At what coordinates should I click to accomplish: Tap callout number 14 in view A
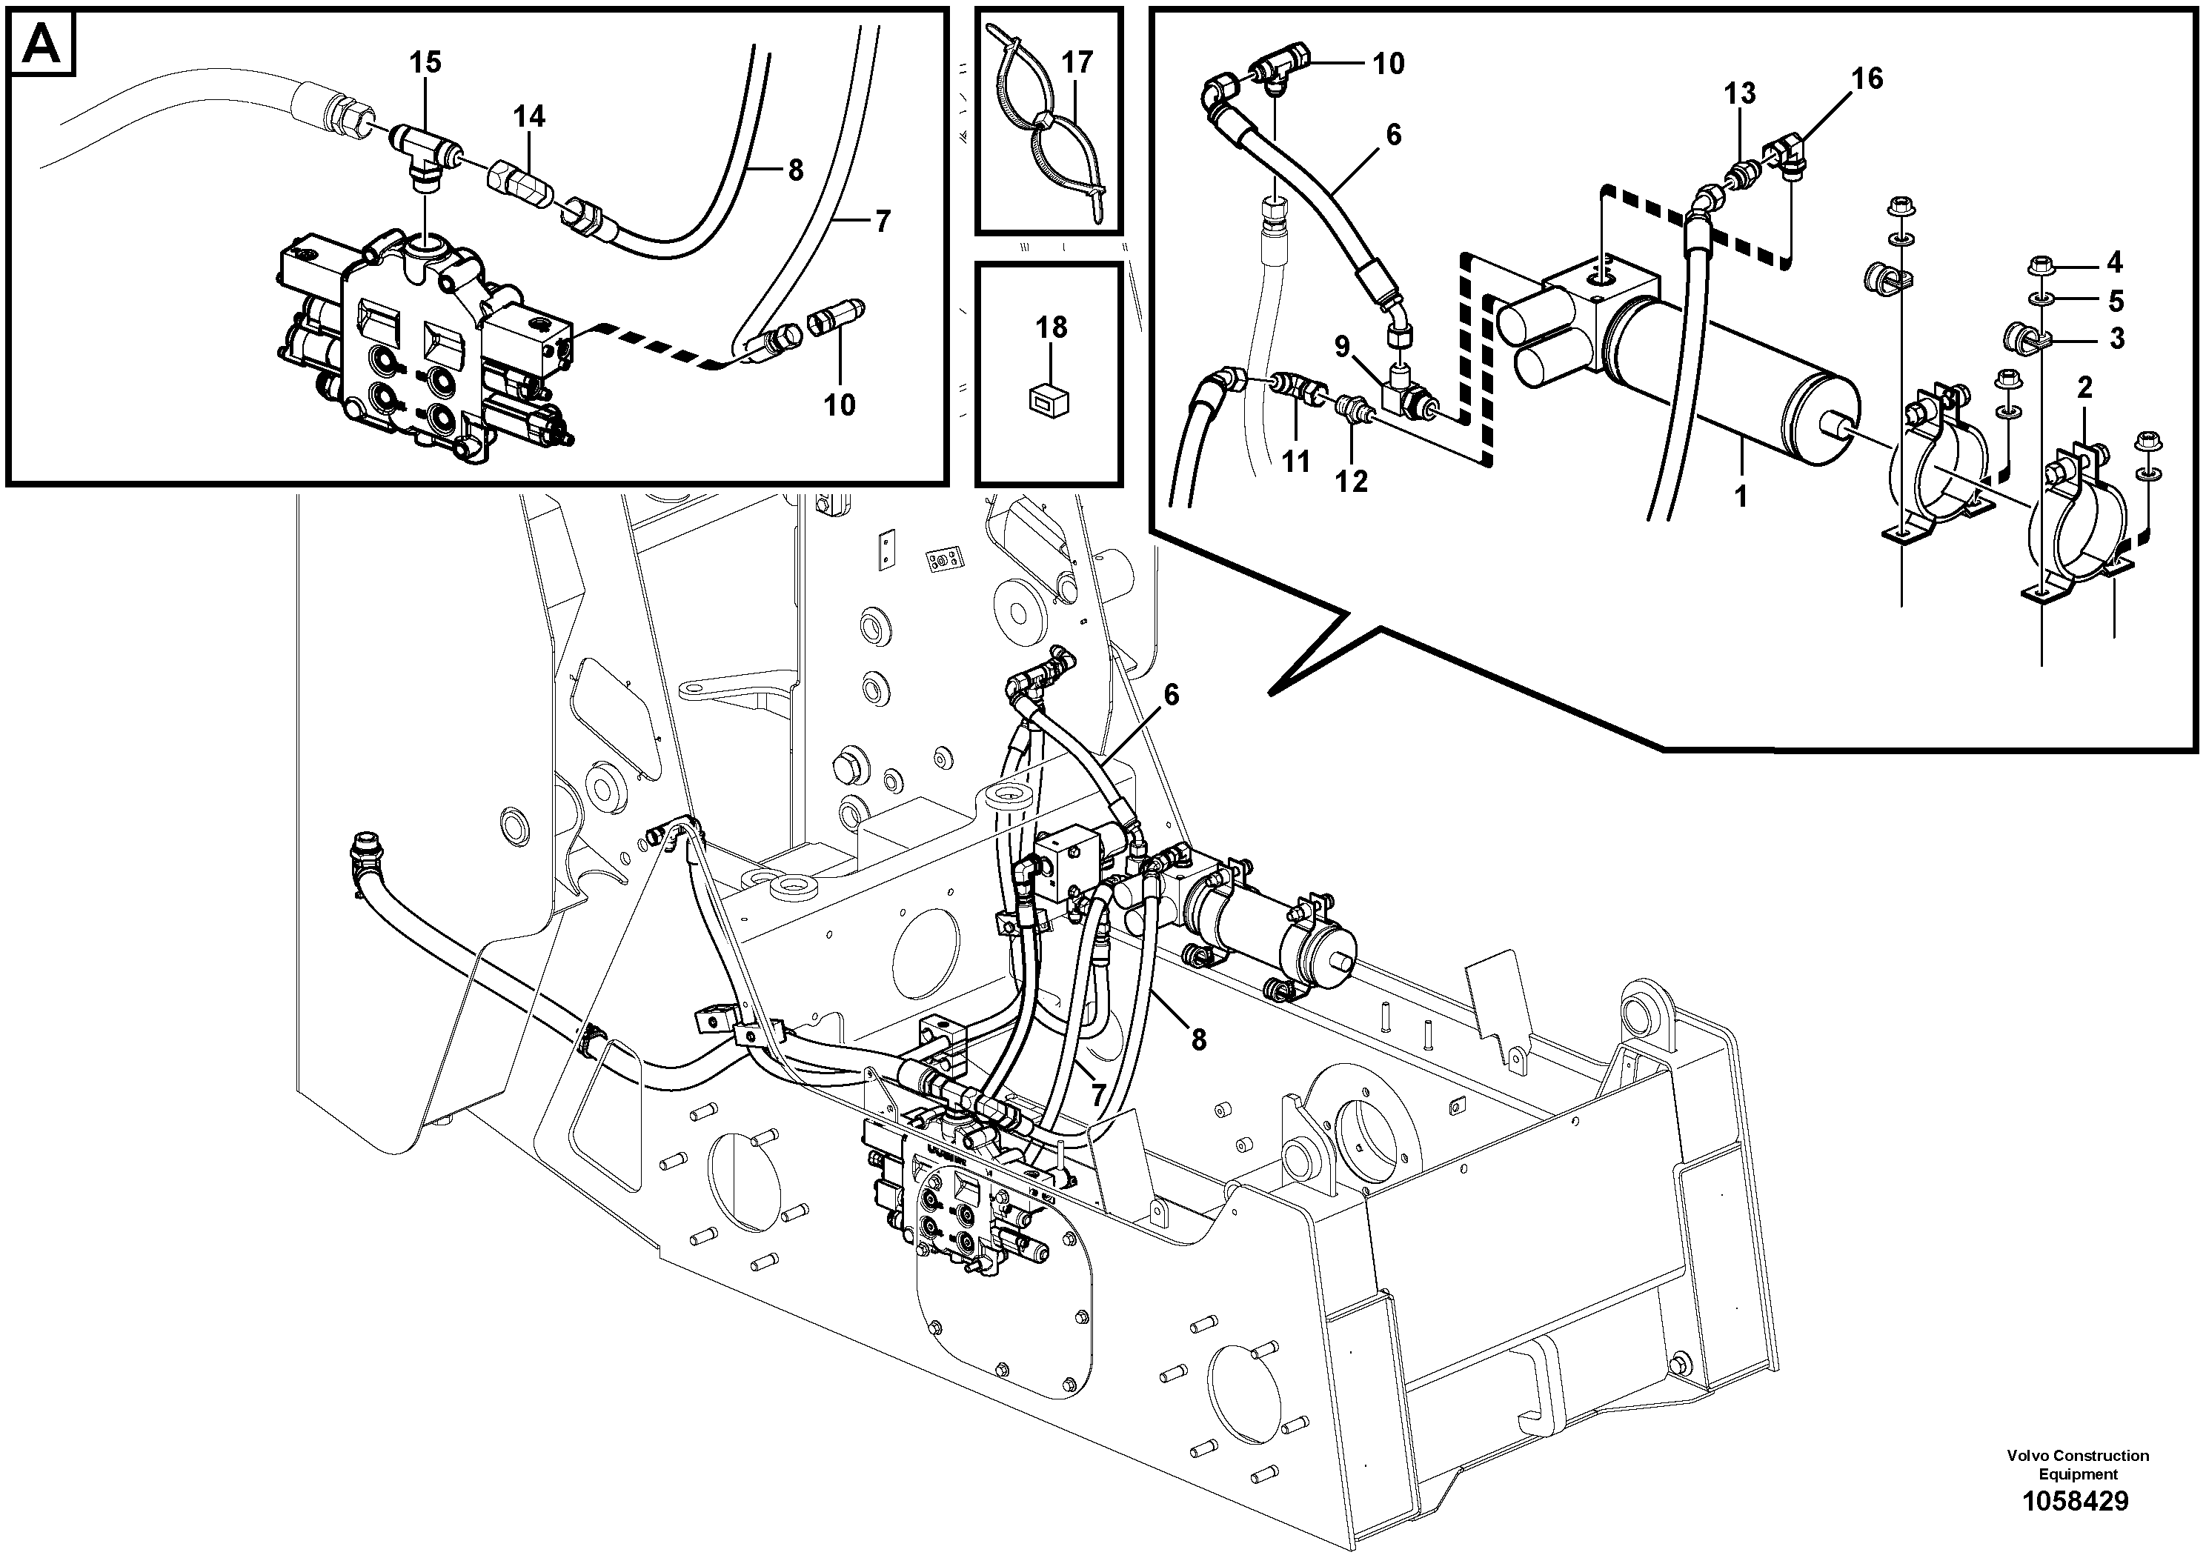[528, 117]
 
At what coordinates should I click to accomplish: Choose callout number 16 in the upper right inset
[1867, 79]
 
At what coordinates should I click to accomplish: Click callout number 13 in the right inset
[1739, 94]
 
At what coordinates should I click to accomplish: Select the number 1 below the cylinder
[1740, 498]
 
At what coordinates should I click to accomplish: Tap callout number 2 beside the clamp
[2084, 389]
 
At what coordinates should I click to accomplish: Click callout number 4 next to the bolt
[2115, 262]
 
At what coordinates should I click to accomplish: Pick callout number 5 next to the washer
[2116, 302]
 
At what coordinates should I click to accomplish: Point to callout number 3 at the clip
[2116, 339]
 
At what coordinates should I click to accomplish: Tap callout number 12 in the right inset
[1351, 482]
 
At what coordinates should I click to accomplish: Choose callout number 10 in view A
[839, 405]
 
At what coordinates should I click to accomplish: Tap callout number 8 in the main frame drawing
[1198, 1039]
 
